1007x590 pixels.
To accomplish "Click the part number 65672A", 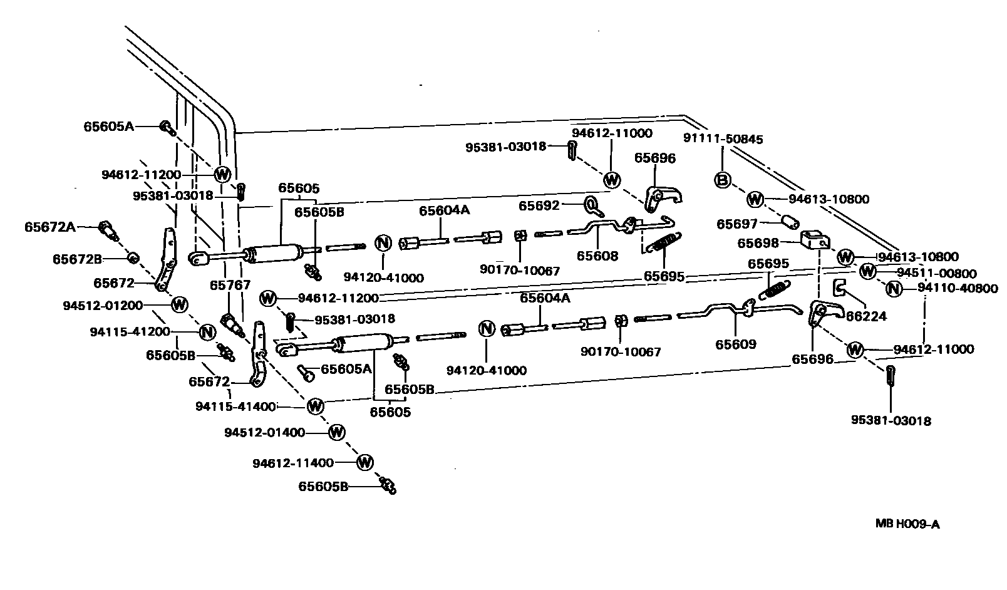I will tap(50, 227).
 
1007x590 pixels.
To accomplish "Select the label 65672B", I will tap(77, 258).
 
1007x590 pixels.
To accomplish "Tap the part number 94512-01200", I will tap(103, 306).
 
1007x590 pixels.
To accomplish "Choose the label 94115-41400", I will tap(235, 406).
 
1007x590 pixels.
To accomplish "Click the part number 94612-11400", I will tap(293, 463).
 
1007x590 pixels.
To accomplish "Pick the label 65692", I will tap(539, 205).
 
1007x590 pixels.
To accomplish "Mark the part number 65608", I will tap(597, 256).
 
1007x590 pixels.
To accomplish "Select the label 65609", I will tap(736, 344).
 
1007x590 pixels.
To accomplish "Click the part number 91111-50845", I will tap(723, 139).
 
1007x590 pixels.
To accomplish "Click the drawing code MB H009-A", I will tap(907, 524).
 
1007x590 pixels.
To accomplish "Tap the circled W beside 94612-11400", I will tap(364, 463).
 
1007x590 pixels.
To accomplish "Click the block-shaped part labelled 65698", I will tap(815, 239).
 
